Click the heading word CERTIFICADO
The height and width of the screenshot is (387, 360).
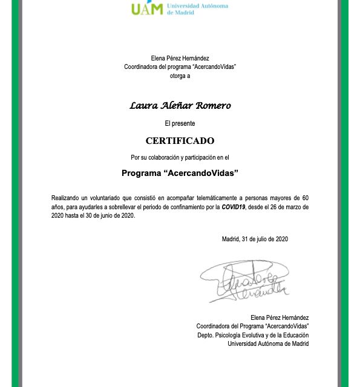point(180,141)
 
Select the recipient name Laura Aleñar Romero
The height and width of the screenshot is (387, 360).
point(180,106)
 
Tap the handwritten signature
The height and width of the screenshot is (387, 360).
point(245,281)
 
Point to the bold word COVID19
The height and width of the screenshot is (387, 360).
point(234,207)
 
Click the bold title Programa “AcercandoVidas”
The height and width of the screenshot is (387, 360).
point(180,173)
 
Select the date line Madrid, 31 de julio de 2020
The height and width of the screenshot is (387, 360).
point(255,239)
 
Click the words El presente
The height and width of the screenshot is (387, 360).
point(180,123)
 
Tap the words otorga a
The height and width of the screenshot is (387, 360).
point(180,76)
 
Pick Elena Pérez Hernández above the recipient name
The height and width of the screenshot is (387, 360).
point(180,58)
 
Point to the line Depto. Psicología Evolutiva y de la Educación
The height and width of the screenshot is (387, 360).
point(253,335)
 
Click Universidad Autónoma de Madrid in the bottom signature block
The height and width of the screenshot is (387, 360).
point(268,343)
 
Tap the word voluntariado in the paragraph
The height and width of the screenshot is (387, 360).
point(108,198)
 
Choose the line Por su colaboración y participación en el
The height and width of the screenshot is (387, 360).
point(180,157)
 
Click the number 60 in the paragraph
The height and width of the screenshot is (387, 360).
point(305,198)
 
